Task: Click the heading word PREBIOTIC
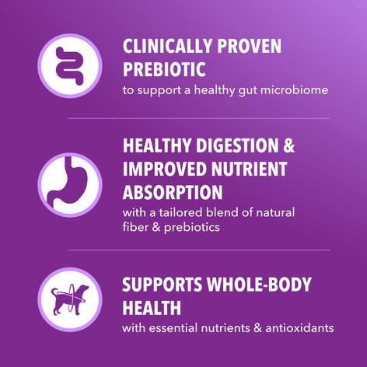[163, 69]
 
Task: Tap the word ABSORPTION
[173, 192]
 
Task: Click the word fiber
[138, 228]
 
